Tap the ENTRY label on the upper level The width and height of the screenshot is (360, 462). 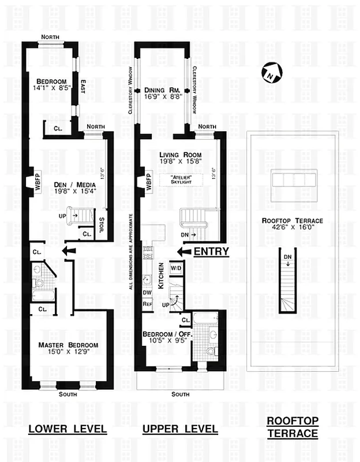tap(211, 251)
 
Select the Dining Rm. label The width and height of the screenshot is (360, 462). tap(159, 91)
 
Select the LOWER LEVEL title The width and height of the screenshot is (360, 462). tap(68, 429)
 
